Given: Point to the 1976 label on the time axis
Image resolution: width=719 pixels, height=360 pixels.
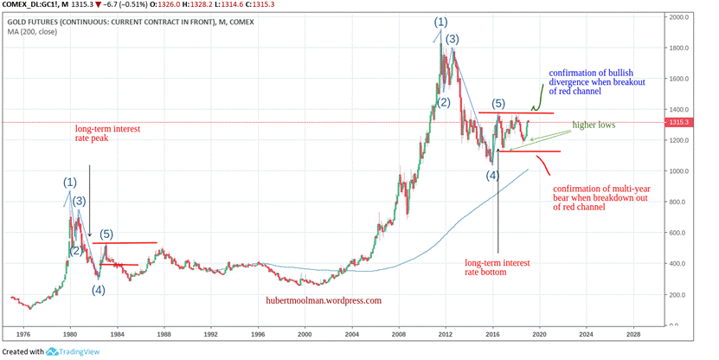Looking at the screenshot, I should [x=23, y=332].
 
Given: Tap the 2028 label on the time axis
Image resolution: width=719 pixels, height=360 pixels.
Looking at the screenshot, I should [x=632, y=332].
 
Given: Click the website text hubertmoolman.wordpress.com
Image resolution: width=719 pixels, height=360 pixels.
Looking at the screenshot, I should [x=324, y=301].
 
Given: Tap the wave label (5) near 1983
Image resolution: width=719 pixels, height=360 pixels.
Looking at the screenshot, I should [x=106, y=234].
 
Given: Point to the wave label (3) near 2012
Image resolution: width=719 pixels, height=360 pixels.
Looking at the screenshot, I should [x=452, y=39].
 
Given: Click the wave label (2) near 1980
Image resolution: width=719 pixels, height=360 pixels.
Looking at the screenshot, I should [x=76, y=251].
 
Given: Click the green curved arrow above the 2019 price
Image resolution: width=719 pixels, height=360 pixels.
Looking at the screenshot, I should [x=536, y=96].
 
